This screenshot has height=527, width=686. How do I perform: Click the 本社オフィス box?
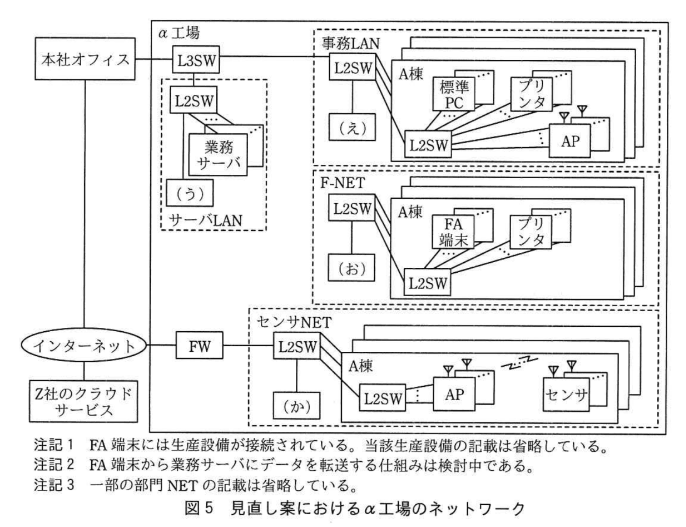tap(85, 59)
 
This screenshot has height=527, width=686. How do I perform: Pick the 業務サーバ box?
tap(218, 155)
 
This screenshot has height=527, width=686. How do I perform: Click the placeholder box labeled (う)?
tap(189, 193)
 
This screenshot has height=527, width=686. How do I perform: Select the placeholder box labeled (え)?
tap(352, 128)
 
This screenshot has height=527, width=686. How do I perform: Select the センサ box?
tap(565, 395)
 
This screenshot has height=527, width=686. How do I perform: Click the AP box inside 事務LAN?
tap(570, 141)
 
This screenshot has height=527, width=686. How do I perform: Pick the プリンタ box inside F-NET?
tap(531, 232)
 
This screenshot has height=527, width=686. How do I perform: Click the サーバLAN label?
tap(206, 220)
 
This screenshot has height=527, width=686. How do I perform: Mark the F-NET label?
tap(342, 183)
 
